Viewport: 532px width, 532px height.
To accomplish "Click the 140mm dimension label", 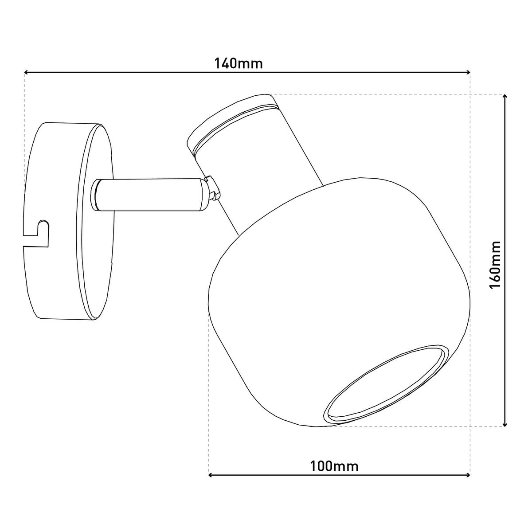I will (x=239, y=63).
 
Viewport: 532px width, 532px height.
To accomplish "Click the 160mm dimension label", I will (x=494, y=265).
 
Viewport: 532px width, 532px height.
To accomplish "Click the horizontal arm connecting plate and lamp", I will (x=151, y=194).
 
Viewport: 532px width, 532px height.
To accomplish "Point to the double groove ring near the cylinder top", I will (x=235, y=126).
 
